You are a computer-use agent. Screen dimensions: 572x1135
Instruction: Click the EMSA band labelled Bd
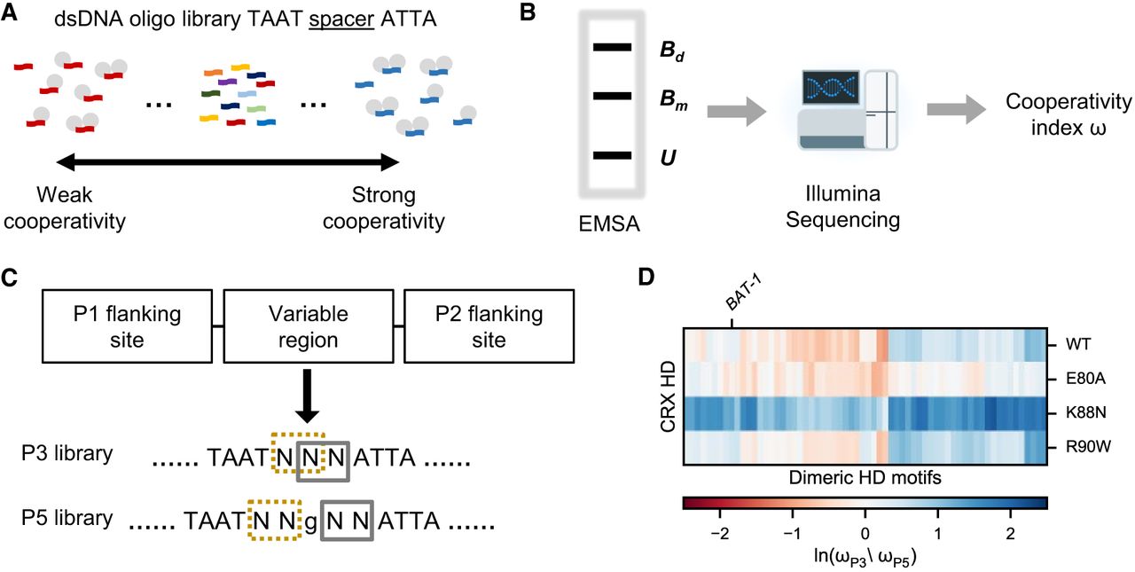pyautogui.click(x=611, y=47)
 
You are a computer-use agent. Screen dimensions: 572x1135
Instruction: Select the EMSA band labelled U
pyautogui.click(x=611, y=156)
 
